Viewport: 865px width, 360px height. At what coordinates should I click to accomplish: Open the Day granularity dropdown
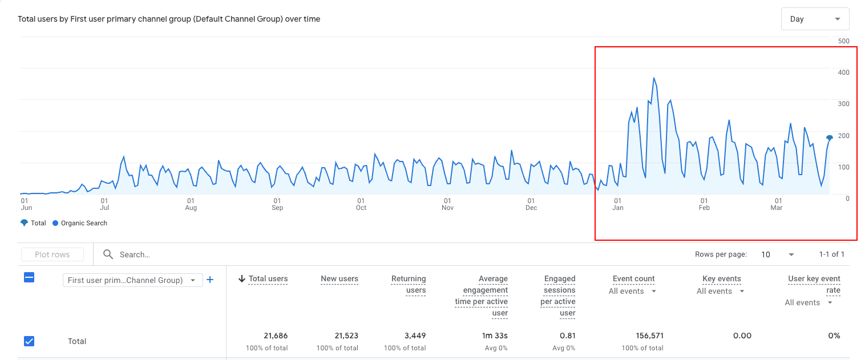(x=815, y=19)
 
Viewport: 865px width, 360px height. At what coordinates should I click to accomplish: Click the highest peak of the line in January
(x=654, y=78)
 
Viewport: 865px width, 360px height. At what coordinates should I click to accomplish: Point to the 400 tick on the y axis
(x=843, y=72)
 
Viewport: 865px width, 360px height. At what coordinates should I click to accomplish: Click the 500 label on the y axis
(x=843, y=41)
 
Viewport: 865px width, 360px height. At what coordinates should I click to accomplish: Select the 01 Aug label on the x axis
(x=191, y=204)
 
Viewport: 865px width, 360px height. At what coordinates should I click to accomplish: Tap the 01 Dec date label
(x=531, y=204)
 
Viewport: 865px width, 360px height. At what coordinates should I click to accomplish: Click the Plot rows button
(x=52, y=254)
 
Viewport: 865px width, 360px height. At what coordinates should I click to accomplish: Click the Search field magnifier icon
(x=108, y=254)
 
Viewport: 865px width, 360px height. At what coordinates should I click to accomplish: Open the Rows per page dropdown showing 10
(x=778, y=254)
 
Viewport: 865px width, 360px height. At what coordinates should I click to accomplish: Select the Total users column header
(x=268, y=279)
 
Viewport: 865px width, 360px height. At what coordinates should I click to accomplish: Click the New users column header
(x=339, y=279)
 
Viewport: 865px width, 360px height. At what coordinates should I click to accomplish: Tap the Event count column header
(x=633, y=279)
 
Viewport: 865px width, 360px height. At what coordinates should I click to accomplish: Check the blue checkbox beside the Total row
(x=29, y=341)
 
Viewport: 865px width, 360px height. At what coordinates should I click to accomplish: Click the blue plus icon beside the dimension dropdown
(x=209, y=280)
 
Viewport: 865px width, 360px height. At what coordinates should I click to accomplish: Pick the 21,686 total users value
(x=276, y=335)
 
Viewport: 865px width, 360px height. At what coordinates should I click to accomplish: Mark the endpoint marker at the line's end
(x=830, y=137)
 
